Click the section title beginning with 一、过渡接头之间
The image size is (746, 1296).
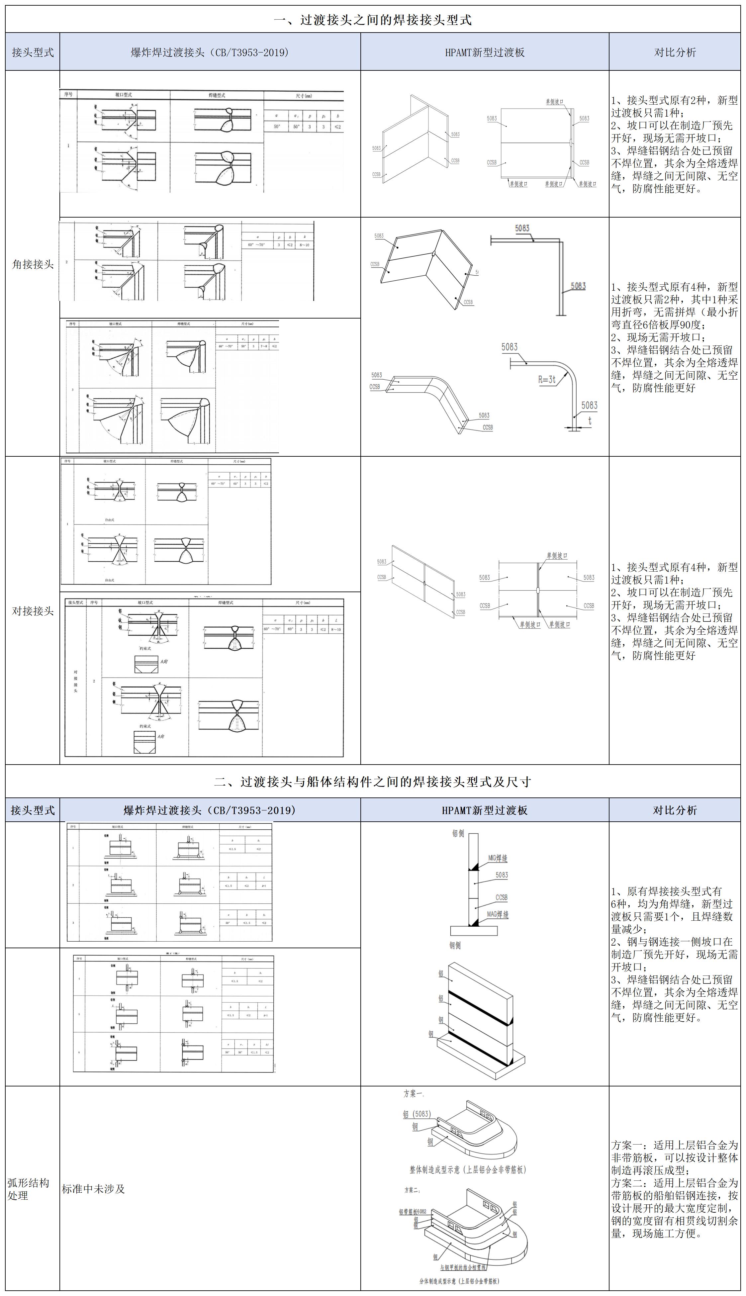point(372,20)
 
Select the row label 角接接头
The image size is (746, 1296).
point(33,264)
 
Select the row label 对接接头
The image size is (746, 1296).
point(33,610)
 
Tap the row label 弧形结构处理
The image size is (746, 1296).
point(28,1189)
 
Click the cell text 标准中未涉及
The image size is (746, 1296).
point(94,1189)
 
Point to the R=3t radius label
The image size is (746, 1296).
point(547,380)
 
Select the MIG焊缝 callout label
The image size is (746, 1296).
point(497,858)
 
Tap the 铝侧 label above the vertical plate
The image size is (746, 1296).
point(458,833)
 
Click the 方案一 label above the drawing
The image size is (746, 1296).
point(413,1094)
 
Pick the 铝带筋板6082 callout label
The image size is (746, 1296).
point(413,1212)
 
